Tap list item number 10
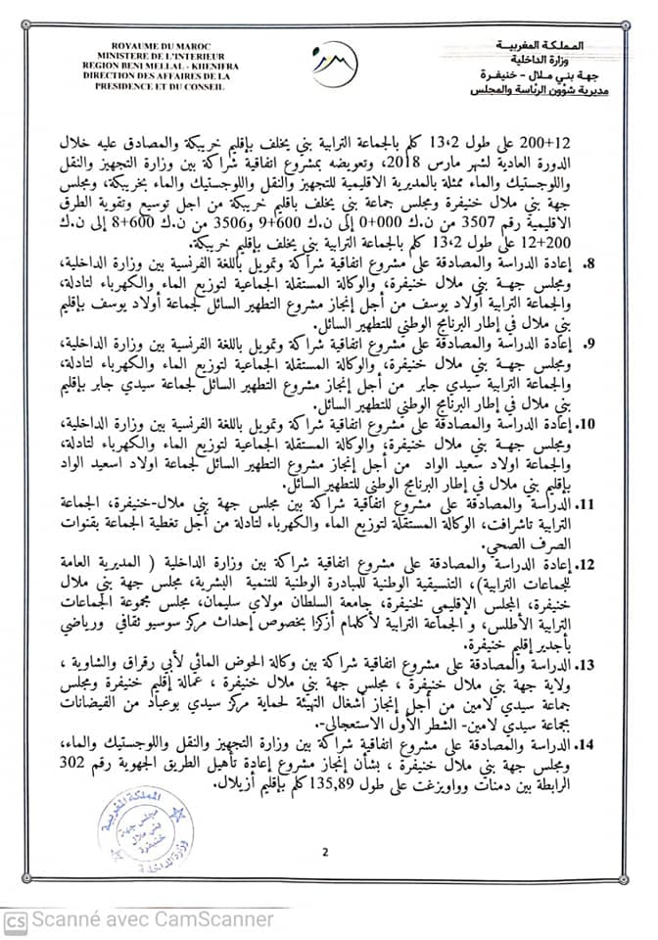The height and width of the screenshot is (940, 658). point(615,426)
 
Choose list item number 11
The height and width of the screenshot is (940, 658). point(615,505)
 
